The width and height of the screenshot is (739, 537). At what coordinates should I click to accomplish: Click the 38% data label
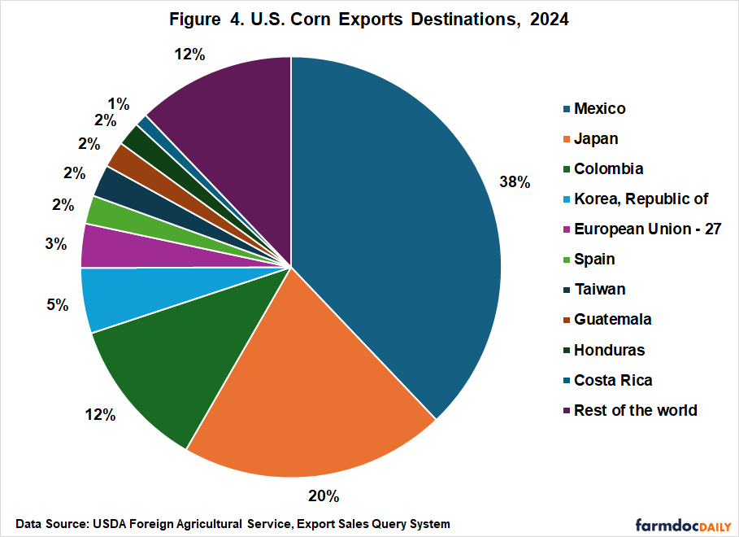(515, 182)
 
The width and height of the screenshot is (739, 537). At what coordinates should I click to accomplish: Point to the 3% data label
(55, 243)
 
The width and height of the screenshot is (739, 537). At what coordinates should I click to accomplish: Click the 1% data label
(118, 103)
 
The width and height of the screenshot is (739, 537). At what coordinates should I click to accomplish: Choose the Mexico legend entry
(599, 108)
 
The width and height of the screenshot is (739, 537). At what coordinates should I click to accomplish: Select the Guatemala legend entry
(612, 320)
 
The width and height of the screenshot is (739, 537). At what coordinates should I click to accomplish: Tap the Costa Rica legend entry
(612, 380)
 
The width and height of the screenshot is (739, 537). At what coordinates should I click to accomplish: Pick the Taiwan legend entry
(599, 289)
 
